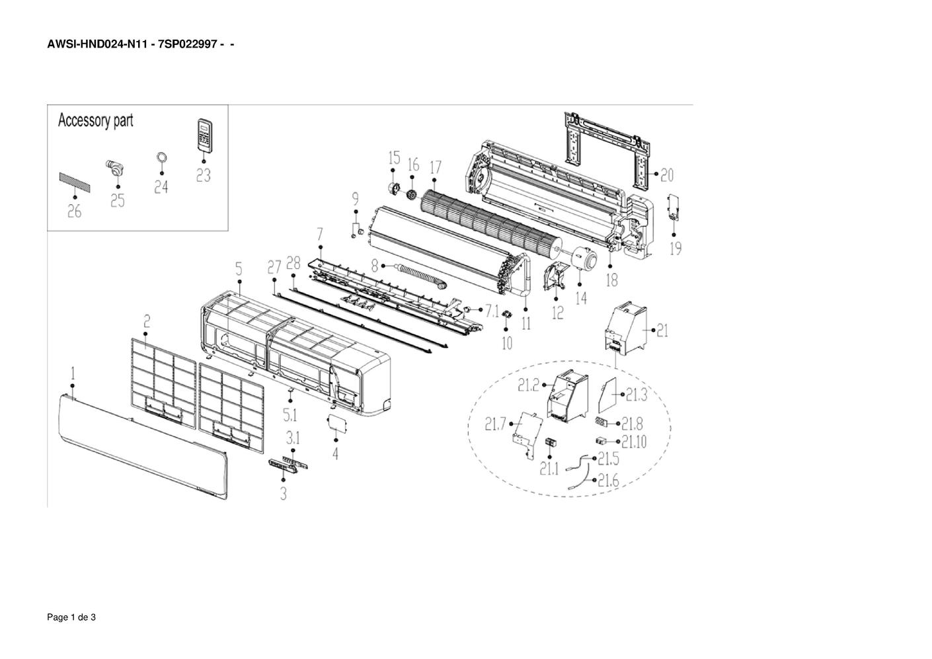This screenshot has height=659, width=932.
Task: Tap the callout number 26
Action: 75,212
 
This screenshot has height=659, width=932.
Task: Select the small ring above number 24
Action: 162,158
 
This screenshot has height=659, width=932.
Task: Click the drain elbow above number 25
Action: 114,170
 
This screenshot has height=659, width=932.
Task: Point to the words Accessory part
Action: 95,121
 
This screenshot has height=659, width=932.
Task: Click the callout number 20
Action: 667,175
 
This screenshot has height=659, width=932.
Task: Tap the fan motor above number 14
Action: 582,258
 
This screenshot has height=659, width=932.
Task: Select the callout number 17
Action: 436,167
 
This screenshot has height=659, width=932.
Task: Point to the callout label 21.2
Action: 528,385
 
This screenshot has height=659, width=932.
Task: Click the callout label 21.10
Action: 634,442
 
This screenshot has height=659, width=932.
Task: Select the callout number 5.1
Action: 290,414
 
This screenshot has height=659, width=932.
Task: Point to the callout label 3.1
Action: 293,438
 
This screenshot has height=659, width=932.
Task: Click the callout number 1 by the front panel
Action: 73,373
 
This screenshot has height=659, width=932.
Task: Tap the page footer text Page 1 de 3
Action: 71,617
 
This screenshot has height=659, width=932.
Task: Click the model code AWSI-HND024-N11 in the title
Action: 97,44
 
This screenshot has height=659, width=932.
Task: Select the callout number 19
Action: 676,249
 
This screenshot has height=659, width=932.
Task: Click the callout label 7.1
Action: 492,311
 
